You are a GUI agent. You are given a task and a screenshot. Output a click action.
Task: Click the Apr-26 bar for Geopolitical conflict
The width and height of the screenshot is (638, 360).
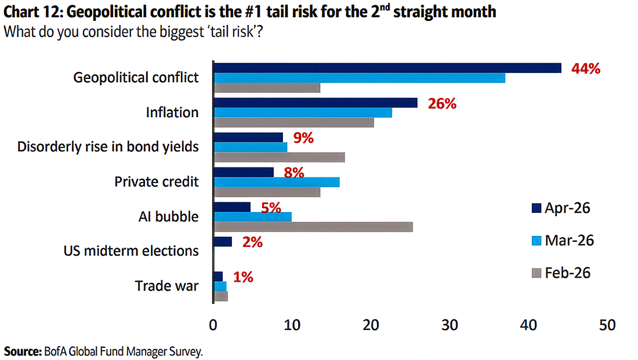[x=387, y=68]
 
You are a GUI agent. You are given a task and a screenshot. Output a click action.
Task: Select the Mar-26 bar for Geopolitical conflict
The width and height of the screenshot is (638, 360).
[x=360, y=78]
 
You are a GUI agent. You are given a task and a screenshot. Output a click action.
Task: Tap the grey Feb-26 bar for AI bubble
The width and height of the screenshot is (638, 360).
[x=313, y=227]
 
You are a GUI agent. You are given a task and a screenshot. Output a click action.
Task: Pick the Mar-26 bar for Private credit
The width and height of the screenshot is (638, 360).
[x=277, y=182]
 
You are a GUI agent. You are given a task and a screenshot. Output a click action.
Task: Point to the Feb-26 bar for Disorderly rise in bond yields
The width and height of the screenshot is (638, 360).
[x=280, y=157]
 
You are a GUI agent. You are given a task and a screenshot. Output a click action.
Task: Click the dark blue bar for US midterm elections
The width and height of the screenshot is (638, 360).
[x=223, y=242]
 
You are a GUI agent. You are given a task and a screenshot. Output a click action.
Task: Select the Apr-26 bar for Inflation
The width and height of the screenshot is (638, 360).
[x=316, y=103]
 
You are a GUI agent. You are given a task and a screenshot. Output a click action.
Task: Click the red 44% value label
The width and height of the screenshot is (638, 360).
[x=585, y=68]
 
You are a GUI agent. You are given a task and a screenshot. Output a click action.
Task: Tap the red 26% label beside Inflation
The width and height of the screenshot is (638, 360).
[x=443, y=104]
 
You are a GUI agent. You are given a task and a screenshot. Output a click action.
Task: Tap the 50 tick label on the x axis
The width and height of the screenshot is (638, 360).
[x=607, y=325]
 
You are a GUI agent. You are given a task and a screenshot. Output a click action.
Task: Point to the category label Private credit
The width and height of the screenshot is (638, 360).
[x=156, y=181]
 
